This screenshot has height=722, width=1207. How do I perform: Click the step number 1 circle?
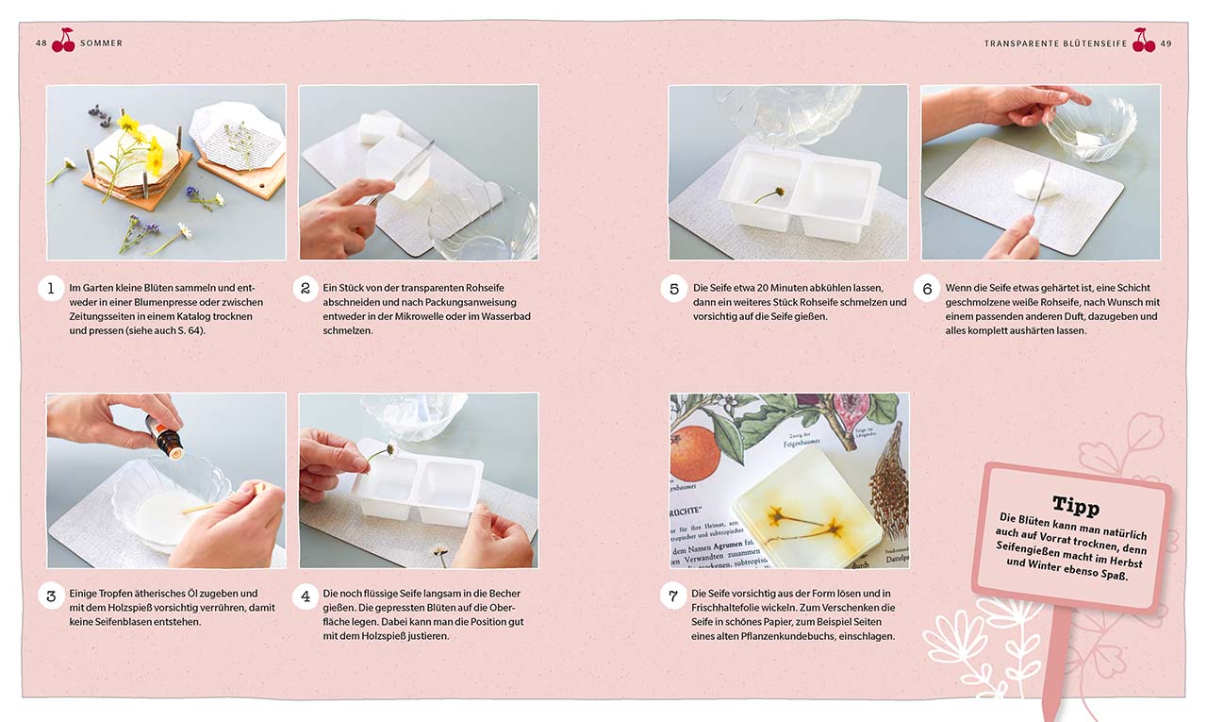[51, 289]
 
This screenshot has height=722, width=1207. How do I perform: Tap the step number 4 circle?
[305, 596]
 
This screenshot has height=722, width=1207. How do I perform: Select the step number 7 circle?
[673, 596]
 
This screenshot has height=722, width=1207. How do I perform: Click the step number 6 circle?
[927, 289]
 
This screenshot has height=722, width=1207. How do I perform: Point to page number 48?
[41, 43]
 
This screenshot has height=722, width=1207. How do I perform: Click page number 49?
[1166, 43]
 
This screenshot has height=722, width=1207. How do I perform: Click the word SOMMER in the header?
[101, 43]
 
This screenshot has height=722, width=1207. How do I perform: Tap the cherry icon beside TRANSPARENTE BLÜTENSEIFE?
[1144, 40]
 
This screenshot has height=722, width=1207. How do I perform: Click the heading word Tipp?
[1076, 505]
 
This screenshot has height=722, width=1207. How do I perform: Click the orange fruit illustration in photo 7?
[694, 453]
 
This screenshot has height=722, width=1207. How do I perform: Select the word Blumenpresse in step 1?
[167, 303]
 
